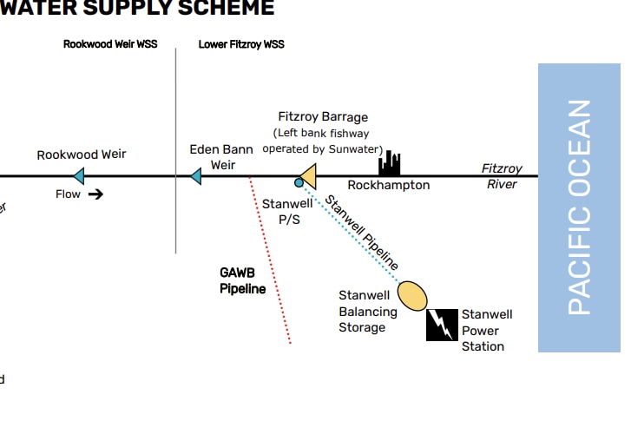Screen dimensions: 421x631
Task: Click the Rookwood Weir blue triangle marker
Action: pyautogui.click(x=79, y=177)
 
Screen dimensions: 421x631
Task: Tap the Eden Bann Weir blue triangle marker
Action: pyautogui.click(x=195, y=177)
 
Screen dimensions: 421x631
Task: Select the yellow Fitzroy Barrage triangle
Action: pyautogui.click(x=307, y=176)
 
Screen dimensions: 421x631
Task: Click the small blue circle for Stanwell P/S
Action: pyautogui.click(x=299, y=183)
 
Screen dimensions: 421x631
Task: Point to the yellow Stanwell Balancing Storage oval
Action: pyautogui.click(x=412, y=295)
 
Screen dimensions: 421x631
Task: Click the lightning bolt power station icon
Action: pyautogui.click(x=442, y=325)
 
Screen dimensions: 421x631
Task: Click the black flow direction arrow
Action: pyautogui.click(x=95, y=194)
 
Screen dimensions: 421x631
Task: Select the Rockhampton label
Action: pyautogui.click(x=388, y=186)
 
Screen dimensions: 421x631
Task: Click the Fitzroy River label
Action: pyautogui.click(x=502, y=176)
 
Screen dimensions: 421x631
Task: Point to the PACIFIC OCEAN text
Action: pyautogui.click(x=579, y=207)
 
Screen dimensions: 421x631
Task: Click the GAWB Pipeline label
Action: pyautogui.click(x=242, y=280)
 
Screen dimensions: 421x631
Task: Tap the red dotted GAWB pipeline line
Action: pyautogui.click(x=270, y=260)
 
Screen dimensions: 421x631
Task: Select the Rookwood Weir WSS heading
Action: pyautogui.click(x=110, y=44)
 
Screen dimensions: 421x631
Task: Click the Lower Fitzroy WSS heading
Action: pyautogui.click(x=241, y=44)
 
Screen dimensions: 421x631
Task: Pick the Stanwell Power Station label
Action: pyautogui.click(x=486, y=330)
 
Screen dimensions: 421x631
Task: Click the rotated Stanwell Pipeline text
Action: pyautogui.click(x=362, y=232)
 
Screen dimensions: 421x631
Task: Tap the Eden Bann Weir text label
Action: pyautogui.click(x=221, y=157)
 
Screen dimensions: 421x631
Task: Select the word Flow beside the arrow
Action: pyautogui.click(x=68, y=194)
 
